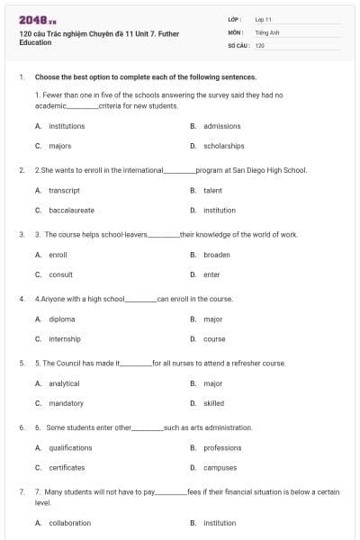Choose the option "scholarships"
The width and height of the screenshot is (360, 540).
[224, 146]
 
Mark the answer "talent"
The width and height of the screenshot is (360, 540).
[212, 191]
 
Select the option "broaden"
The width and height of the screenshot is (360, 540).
[217, 255]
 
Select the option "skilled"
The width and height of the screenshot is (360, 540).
[213, 403]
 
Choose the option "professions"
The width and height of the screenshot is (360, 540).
[222, 448]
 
